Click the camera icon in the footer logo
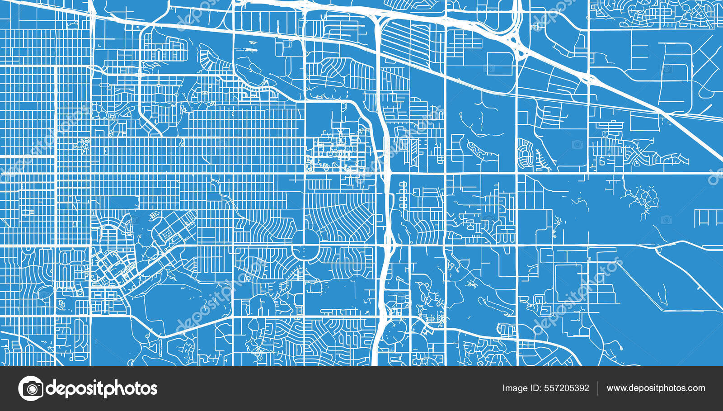point(31,388)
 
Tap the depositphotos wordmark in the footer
point(102,388)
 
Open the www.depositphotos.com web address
point(656,388)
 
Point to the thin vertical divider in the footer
point(597,388)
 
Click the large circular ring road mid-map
point(305,245)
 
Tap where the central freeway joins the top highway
point(378,20)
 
